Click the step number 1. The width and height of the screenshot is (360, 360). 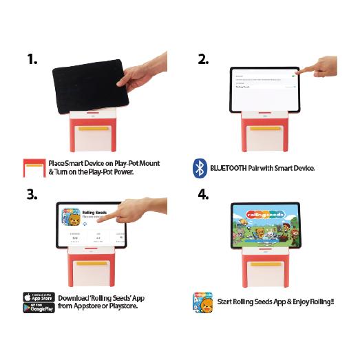click(x=32, y=59)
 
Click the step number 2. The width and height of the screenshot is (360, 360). click(x=203, y=59)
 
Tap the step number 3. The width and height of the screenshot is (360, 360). click(x=32, y=194)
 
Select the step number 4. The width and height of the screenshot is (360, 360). click(x=203, y=194)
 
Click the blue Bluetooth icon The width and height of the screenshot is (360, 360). click(x=200, y=167)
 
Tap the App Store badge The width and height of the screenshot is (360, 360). click(x=39, y=297)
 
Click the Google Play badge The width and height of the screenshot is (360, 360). click(x=39, y=308)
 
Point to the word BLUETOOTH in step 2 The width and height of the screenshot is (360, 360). click(x=230, y=167)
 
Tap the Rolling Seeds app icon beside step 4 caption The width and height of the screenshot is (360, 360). click(x=202, y=302)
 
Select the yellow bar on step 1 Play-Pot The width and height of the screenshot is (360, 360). click(x=92, y=129)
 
